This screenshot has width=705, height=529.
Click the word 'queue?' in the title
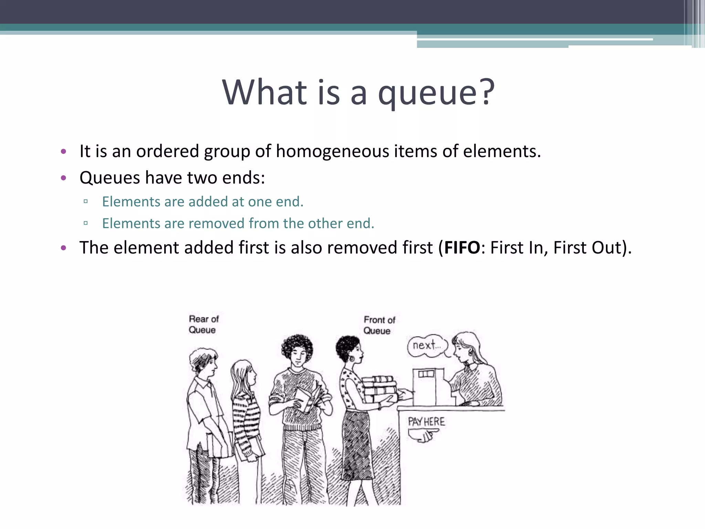[436, 93]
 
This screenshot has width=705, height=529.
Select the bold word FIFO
[462, 248]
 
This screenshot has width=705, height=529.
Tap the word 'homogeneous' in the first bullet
[332, 151]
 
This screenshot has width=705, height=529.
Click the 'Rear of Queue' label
[203, 324]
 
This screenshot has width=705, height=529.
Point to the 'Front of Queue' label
[379, 325]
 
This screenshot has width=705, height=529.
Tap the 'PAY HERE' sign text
[426, 422]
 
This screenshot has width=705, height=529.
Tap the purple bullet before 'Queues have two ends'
[63, 178]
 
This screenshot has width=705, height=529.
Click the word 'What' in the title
[264, 93]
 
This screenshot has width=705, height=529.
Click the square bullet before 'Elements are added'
[86, 201]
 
